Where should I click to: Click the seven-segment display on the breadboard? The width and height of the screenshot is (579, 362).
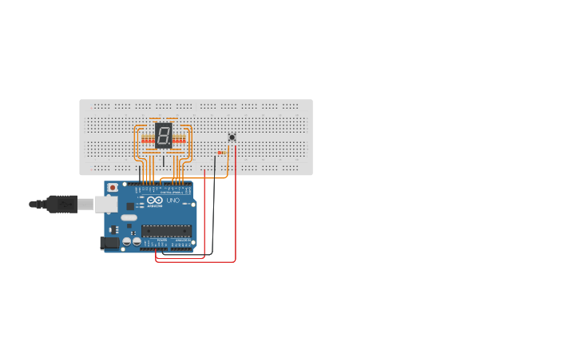(163, 135)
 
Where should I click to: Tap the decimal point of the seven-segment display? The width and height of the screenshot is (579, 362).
(170, 144)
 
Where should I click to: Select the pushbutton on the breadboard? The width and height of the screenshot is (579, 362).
(232, 137)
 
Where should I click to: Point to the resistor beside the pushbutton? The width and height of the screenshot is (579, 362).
(220, 152)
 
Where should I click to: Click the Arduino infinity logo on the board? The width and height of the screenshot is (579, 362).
(155, 200)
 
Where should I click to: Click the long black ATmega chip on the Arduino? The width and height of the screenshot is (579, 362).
(167, 231)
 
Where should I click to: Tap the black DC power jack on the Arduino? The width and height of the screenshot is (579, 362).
(109, 242)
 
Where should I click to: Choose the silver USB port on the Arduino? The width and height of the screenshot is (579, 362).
(106, 205)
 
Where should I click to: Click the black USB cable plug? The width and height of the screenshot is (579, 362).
(62, 205)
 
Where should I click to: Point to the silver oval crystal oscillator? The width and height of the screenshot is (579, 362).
(129, 217)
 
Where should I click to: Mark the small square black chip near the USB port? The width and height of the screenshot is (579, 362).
(130, 206)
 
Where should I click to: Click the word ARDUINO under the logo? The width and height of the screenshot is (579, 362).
(155, 206)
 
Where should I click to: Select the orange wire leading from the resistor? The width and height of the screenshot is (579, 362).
(227, 164)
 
